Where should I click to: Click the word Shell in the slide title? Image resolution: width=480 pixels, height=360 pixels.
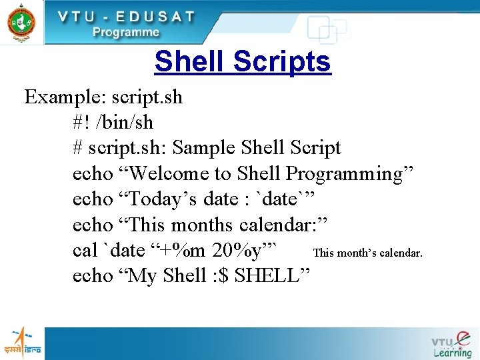point(191,62)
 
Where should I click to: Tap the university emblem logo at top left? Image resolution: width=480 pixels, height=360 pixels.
point(21,22)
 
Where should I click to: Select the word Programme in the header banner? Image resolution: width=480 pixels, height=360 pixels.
point(126,32)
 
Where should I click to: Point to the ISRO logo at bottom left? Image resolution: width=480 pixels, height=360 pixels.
point(22,342)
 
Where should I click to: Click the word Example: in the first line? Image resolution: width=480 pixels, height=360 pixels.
point(64,97)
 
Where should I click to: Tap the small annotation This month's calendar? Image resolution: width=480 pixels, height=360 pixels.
point(367,253)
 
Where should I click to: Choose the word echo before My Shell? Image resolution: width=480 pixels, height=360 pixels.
point(93,275)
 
